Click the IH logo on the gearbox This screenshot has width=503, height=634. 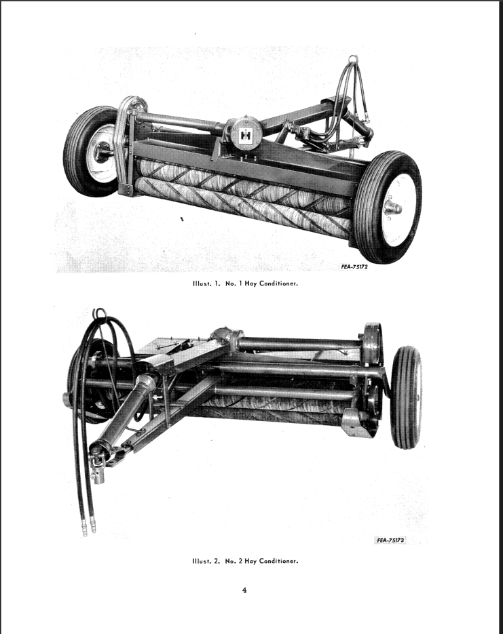click(x=245, y=136)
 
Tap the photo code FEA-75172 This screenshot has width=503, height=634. click(x=354, y=267)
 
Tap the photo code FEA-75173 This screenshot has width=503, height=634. click(x=390, y=540)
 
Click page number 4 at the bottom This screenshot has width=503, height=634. click(x=244, y=590)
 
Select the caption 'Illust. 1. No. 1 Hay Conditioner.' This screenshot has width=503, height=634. click(x=245, y=283)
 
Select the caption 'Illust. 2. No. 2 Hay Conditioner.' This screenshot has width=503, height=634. click(x=245, y=561)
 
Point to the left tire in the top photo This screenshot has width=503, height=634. click(x=91, y=152)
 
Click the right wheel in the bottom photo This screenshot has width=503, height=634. click(x=407, y=397)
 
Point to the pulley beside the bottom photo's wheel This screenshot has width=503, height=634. click(x=372, y=344)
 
